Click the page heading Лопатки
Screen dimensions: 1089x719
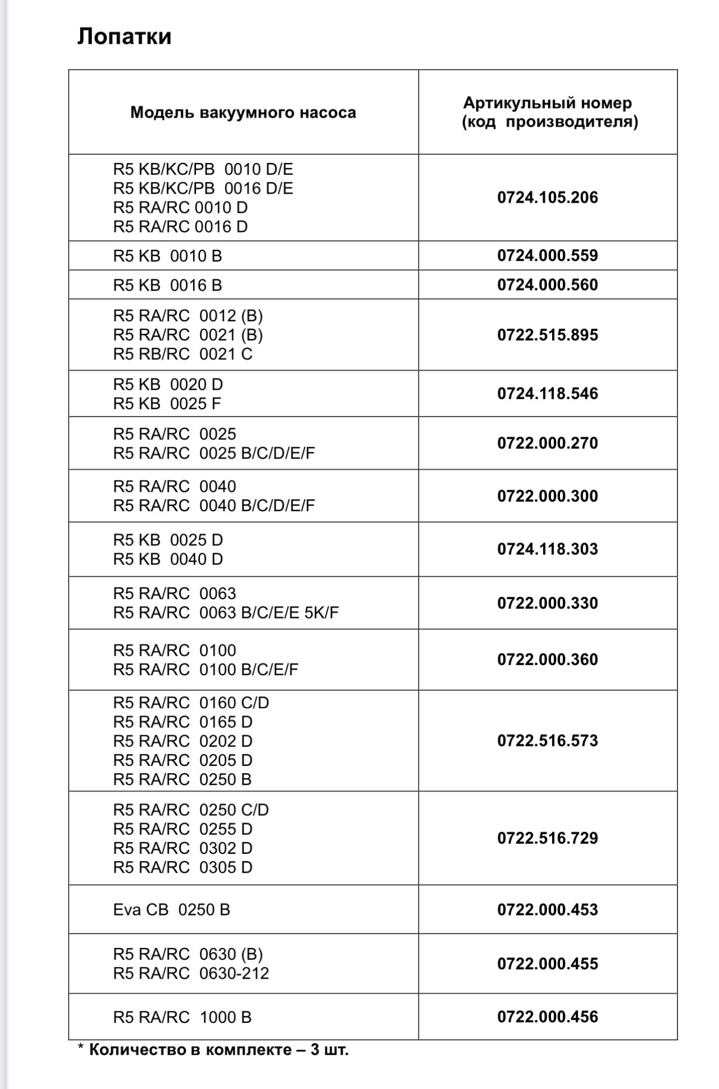[x=124, y=37]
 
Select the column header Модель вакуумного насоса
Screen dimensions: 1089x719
[x=243, y=113]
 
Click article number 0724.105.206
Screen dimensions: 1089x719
[x=548, y=198]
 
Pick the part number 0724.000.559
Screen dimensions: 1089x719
[x=548, y=256]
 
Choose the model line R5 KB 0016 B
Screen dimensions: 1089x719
[x=167, y=286]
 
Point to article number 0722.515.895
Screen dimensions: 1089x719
[x=548, y=335]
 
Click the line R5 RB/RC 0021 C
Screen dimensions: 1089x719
[x=183, y=354]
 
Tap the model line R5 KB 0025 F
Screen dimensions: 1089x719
[x=167, y=404]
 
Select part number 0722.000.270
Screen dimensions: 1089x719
[x=548, y=443]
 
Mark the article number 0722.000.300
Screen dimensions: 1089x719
[x=548, y=496]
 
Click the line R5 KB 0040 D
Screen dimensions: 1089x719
[x=168, y=559]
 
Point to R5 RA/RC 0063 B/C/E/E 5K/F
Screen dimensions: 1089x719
[x=226, y=613]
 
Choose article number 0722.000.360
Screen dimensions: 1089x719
[x=548, y=660]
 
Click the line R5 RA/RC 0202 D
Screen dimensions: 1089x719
[x=183, y=741]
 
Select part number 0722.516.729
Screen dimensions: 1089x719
[x=548, y=838]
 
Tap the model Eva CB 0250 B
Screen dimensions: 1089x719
[x=171, y=910]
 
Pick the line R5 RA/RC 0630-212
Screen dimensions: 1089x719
[x=191, y=974]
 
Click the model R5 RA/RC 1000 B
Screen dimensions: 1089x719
[x=183, y=1017]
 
